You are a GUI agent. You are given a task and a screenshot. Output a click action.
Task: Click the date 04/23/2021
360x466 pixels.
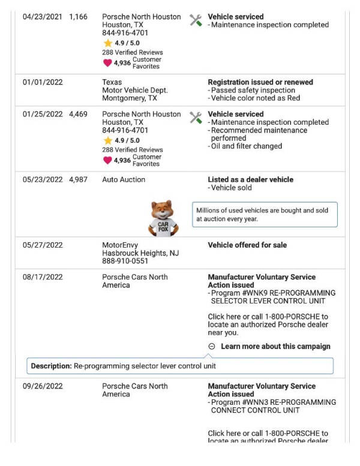pos(42,17)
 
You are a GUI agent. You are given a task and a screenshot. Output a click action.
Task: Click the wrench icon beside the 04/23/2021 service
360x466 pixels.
pos(196,20)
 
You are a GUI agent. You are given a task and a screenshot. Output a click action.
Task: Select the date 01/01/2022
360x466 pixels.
pos(42,82)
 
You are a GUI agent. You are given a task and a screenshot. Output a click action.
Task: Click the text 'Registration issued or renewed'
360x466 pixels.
pos(260,82)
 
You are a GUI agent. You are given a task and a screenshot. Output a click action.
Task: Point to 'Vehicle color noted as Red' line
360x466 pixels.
pos(255,98)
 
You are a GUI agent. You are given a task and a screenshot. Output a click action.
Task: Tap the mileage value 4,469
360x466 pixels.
pos(78,114)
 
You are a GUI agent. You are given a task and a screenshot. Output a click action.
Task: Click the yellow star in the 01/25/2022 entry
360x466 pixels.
pos(107,140)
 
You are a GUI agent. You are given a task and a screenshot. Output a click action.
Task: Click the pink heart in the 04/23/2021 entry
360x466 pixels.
pos(107,62)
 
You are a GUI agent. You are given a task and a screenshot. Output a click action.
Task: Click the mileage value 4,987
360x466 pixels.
pos(78,179)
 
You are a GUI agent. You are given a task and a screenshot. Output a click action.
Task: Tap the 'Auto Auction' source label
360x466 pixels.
pos(124,179)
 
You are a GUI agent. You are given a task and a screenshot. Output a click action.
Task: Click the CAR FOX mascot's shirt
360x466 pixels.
pos(163,229)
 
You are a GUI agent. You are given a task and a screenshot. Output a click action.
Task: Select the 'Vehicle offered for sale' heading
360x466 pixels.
pos(247,245)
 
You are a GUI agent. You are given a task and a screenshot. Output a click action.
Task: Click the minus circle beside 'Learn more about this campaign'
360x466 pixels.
pos(212,346)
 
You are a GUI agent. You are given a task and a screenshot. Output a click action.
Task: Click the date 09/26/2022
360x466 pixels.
pos(43,386)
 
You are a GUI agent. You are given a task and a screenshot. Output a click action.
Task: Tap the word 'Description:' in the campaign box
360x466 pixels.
pos(52,366)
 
